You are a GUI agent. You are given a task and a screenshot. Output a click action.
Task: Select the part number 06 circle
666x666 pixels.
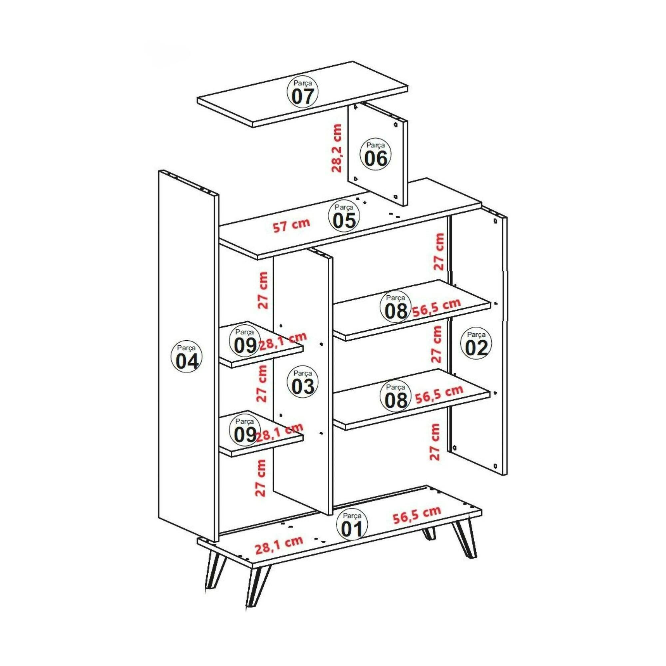[376, 156]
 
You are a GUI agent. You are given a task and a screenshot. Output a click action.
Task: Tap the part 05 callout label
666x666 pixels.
[344, 217]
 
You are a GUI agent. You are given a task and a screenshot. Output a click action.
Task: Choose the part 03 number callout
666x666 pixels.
[303, 383]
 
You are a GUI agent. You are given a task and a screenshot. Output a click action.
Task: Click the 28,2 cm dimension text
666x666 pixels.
[336, 148]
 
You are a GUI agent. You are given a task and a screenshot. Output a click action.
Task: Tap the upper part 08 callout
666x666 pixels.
[396, 307]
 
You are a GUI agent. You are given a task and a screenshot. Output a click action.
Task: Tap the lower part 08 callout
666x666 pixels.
[396, 396]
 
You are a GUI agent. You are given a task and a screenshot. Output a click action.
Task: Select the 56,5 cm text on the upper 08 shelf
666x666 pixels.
[437, 308]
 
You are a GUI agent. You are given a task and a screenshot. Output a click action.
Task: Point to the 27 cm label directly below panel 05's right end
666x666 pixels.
[439, 252]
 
